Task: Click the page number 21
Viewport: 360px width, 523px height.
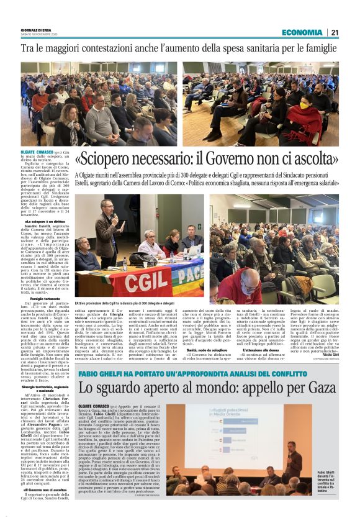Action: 335,32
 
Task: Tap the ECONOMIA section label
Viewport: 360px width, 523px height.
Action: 302,32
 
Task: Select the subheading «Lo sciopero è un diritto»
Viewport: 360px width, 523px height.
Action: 44,221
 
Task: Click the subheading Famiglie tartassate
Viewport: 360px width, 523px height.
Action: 45,302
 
